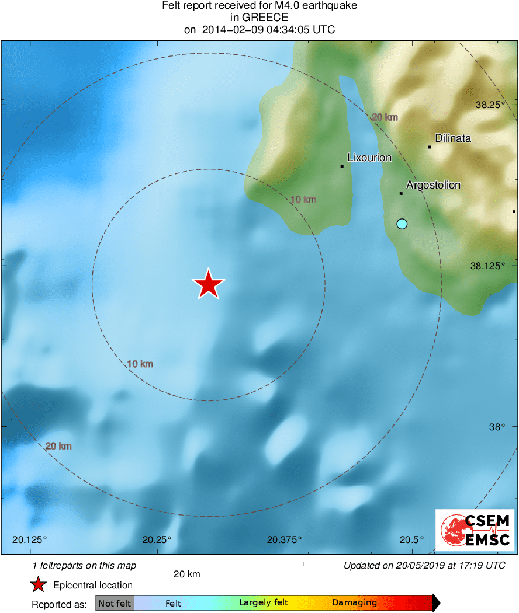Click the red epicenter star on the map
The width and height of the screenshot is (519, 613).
point(208,284)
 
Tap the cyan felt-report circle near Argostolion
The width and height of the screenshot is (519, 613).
point(402,224)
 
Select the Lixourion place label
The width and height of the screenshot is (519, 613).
point(369,158)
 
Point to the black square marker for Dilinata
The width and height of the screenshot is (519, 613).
point(430,147)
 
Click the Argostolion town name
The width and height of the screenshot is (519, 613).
point(433,185)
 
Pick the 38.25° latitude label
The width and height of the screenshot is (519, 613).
point(490,105)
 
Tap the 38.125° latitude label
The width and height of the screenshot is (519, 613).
point(487,266)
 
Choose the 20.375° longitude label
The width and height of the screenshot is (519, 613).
point(285,539)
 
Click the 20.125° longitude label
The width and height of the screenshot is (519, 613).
point(30,539)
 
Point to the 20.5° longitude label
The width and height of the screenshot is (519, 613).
point(413,539)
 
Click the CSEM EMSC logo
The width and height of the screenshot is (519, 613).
point(475,530)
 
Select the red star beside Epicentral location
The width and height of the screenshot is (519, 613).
point(39,585)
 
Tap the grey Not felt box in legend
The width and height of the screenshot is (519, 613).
point(115,603)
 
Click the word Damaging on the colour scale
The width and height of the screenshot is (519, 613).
point(354,603)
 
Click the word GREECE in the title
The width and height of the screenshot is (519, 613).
point(259,18)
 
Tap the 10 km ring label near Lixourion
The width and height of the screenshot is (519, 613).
point(303,200)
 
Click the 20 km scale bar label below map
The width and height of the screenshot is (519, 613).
point(187,574)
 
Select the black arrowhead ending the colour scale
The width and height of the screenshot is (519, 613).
point(436,603)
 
